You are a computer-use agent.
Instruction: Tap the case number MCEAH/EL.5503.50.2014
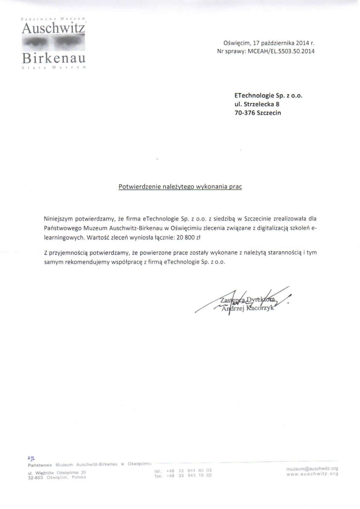click(281, 51)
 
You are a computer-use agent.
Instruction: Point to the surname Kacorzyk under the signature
click(260, 308)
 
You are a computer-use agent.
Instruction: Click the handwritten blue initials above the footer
click(31, 458)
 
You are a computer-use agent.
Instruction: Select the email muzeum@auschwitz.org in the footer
click(312, 469)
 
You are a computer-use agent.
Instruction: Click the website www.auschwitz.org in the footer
click(312, 474)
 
